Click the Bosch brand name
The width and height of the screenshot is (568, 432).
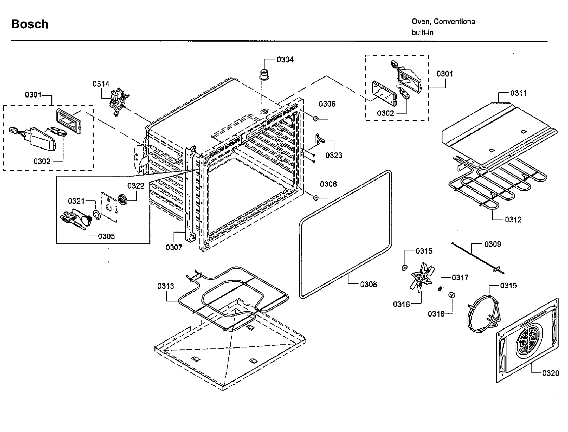coord(30,24)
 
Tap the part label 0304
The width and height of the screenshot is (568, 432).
coord(285,60)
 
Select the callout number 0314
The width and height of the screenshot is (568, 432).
coord(101,84)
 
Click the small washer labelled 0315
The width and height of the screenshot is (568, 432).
coord(405,268)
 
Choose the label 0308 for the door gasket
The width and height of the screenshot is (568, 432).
coord(368,284)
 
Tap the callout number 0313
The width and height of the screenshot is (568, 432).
coord(166,286)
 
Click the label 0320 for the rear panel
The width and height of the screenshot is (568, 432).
coord(551,373)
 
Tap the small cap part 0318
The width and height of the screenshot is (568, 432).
coord(452,295)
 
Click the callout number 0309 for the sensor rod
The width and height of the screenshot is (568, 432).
coord(492,244)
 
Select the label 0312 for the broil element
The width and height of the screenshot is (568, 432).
coord(513,220)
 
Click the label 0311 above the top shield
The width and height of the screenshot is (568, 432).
coord(519,93)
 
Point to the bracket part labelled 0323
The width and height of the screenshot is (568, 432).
coord(319,138)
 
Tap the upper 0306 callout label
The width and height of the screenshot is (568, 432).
coord(327,104)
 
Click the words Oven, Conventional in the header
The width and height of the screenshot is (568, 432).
coord(444,21)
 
